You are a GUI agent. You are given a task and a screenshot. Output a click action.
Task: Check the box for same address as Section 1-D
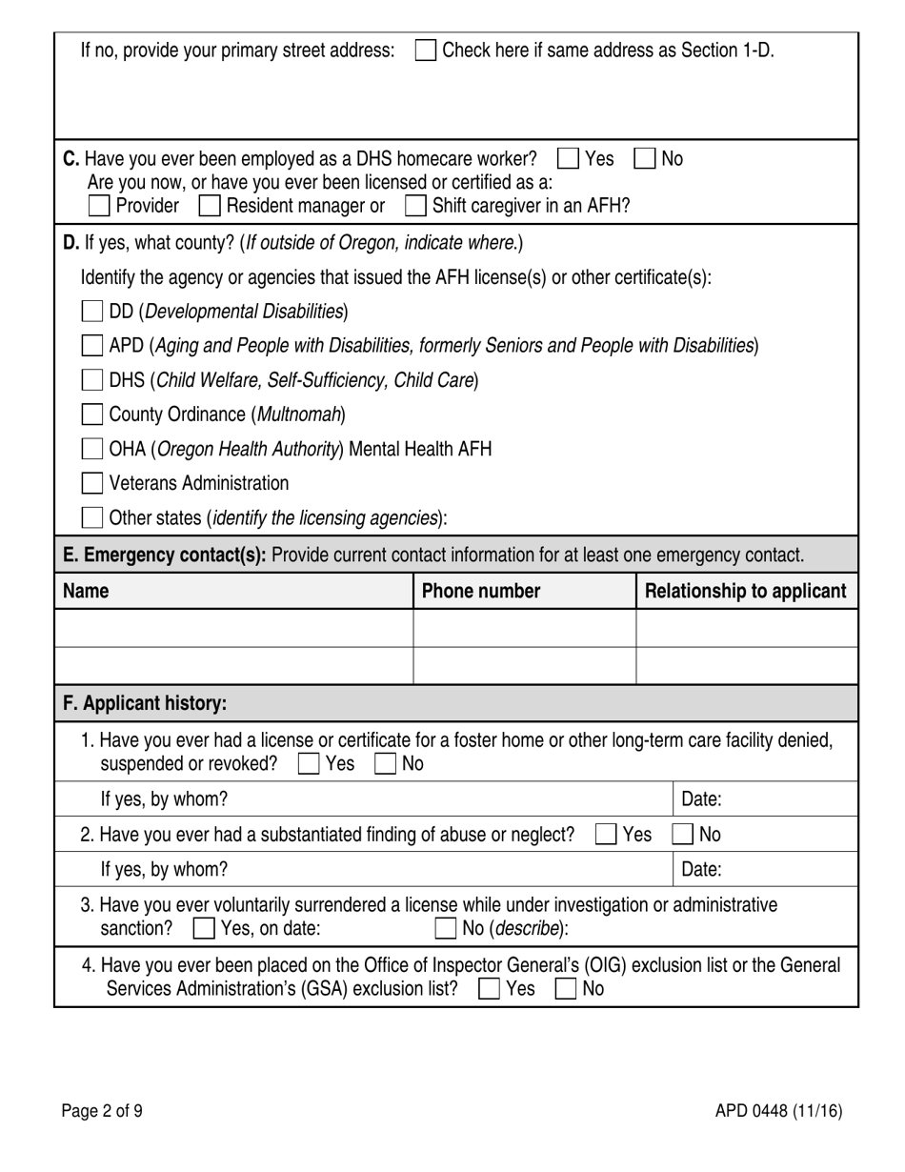pos(427,51)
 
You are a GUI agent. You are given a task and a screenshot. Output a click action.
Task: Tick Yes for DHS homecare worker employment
pos(567,158)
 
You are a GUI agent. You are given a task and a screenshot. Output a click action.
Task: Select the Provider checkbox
pos(98,206)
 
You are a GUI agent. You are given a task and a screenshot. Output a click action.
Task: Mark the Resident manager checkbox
pos(210,206)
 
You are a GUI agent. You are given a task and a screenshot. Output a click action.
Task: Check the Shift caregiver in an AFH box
pos(415,206)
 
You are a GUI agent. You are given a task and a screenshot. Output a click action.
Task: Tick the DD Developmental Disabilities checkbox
pos(92,312)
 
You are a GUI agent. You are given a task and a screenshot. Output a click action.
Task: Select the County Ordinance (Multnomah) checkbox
pos(92,414)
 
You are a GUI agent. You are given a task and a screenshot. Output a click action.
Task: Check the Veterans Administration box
pos(92,483)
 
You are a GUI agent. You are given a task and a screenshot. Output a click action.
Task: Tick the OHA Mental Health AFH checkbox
pos(92,449)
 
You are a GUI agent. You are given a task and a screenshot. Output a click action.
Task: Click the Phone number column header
pos(481,591)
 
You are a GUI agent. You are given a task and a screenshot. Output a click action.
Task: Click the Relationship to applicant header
pos(745,591)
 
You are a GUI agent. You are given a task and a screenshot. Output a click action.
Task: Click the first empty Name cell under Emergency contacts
pos(233,628)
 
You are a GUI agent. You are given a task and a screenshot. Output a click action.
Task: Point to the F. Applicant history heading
pos(145,703)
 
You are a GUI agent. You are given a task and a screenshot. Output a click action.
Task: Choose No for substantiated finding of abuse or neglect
pos(682,835)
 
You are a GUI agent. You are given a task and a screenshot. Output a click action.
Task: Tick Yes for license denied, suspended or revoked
pos(309,764)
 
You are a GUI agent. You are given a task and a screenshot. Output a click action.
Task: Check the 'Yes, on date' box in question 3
pos(204,928)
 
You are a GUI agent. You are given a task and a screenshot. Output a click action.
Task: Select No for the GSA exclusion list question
pos(566,989)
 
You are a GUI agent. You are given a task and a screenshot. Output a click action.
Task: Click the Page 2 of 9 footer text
pos(103,1110)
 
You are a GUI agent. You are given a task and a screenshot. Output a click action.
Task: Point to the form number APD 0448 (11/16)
pos(778,1110)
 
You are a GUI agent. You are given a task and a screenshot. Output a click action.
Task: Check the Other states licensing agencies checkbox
pos(92,517)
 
